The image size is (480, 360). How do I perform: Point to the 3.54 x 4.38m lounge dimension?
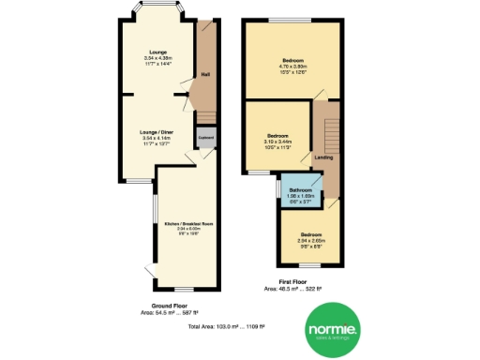click(155, 59)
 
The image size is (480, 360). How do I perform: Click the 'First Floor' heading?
click(295, 280)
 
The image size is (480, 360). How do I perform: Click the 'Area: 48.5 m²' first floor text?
click(295, 288)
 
